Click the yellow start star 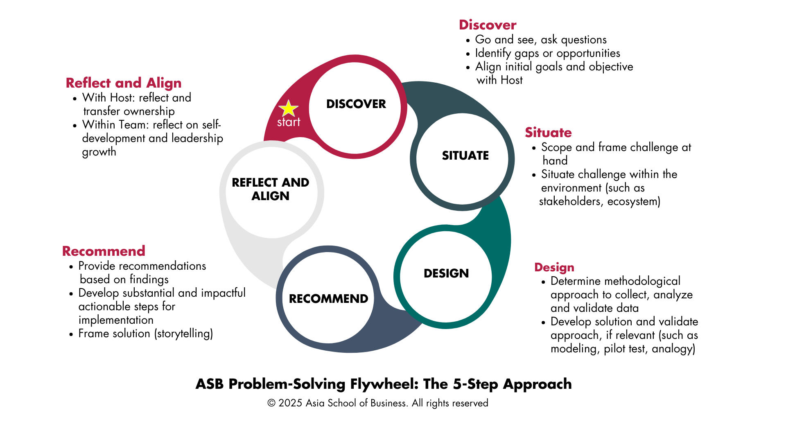(288, 108)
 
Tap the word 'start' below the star (289, 122)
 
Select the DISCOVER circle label (356, 104)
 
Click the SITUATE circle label (465, 156)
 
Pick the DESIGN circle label (446, 273)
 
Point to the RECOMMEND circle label (328, 299)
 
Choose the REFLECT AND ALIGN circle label (271, 189)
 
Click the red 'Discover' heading (487, 25)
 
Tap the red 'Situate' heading (548, 133)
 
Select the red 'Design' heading (554, 267)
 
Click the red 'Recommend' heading (104, 251)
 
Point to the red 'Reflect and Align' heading (123, 83)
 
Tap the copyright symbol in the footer (271, 403)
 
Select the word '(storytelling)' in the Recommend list (183, 334)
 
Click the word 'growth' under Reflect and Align (99, 152)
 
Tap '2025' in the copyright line (290, 403)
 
